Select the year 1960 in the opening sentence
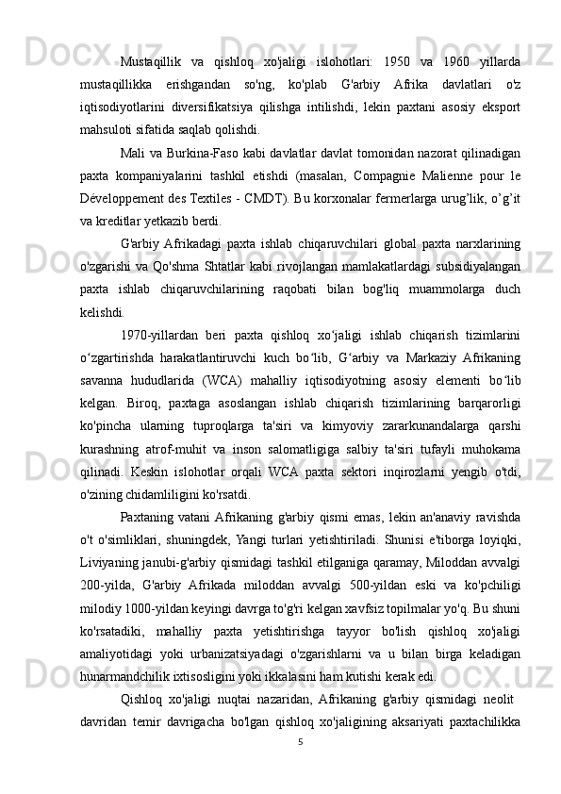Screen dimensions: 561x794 [x=459, y=49]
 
